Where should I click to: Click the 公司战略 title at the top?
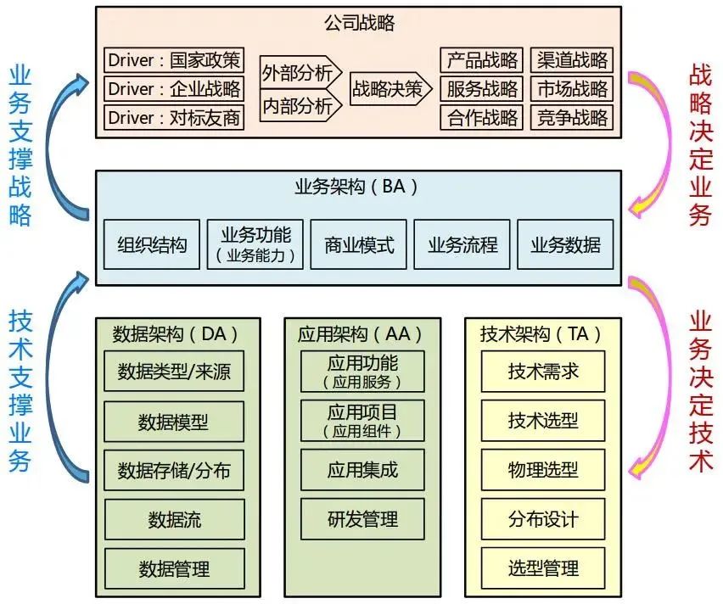click(360, 24)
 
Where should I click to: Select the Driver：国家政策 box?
click(174, 60)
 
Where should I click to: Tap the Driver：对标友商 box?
click(174, 116)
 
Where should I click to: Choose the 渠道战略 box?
click(572, 60)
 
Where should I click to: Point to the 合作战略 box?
click(482, 116)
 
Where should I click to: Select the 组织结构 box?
click(152, 245)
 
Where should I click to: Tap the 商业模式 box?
click(359, 245)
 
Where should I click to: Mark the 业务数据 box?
click(565, 245)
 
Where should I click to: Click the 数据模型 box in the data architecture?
click(173, 421)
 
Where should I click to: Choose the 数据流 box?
click(173, 518)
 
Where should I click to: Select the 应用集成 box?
click(362, 469)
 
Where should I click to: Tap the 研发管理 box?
click(362, 517)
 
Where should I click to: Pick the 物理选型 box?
click(543, 469)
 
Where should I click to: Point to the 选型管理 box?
click(543, 567)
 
